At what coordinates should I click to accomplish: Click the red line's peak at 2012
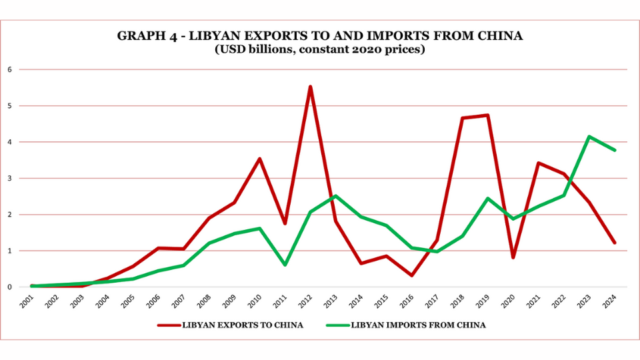coord(310,87)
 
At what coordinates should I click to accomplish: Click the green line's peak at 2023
coord(589,137)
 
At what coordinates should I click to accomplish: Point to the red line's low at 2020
coord(513,257)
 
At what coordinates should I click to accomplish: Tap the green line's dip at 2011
coord(285,265)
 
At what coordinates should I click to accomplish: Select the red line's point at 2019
coord(488,115)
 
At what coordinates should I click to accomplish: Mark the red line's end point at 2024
coord(614,243)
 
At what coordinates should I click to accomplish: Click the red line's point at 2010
coord(259,159)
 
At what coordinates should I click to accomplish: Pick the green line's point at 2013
coord(335,196)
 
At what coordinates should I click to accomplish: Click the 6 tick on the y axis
coord(10,69)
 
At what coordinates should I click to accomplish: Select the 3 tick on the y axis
coord(10,178)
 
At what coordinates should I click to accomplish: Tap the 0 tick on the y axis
coord(10,287)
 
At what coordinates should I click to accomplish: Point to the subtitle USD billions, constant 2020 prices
coord(319,50)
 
